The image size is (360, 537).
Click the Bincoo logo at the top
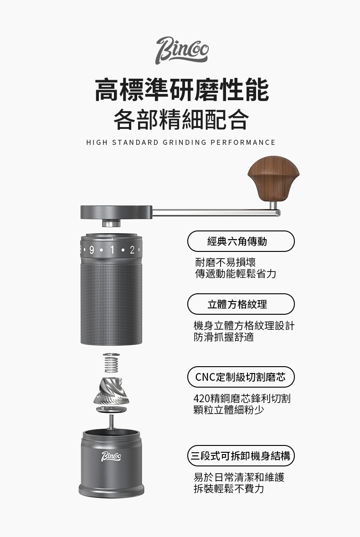tap(182, 50)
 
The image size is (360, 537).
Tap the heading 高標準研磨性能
tap(181, 90)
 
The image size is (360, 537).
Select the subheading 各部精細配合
tap(181, 119)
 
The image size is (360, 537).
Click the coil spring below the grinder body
tap(112, 364)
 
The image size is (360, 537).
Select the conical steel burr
tap(112, 391)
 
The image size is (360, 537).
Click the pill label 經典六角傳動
tap(241, 241)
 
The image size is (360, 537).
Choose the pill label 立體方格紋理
tap(241, 304)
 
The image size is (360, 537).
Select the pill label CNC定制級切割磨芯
tap(241, 377)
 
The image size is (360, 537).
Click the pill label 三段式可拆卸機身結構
tap(241, 455)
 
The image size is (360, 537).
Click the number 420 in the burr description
tap(201, 399)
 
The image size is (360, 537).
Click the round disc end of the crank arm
tap(116, 212)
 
